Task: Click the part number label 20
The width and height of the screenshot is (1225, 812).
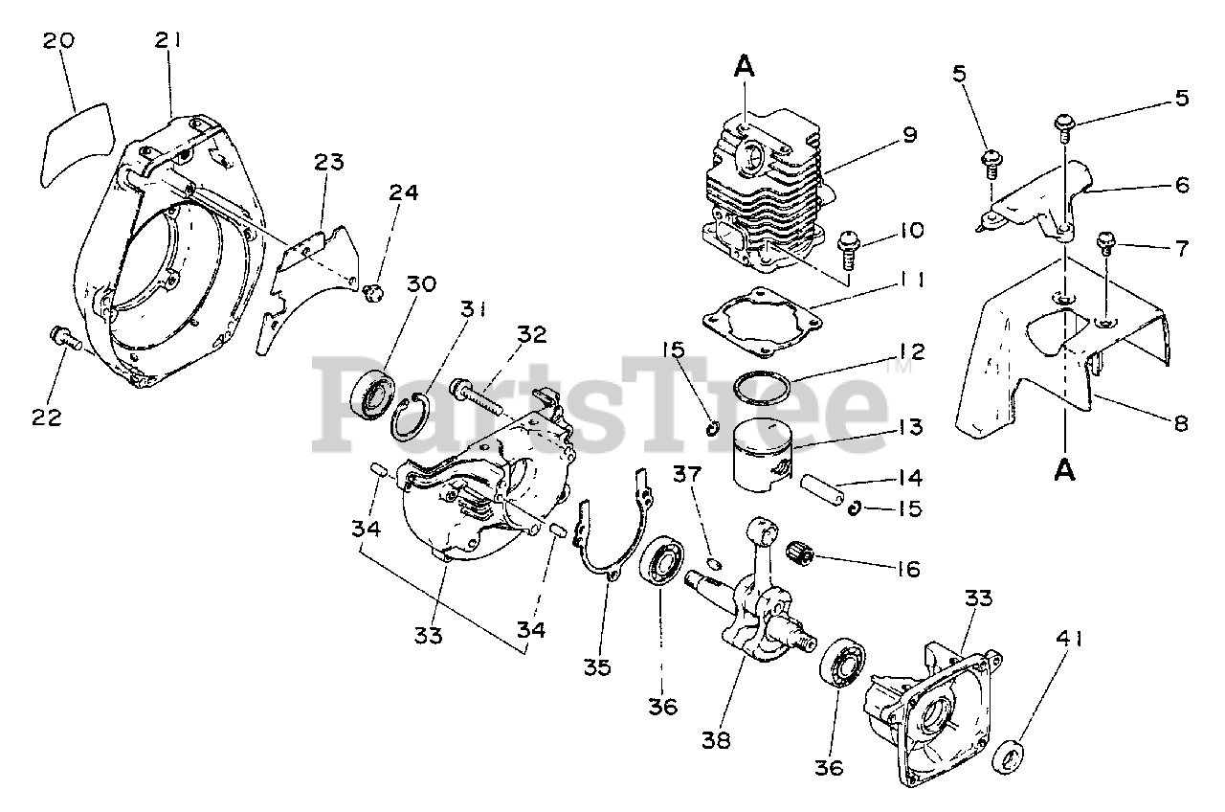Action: (x=58, y=42)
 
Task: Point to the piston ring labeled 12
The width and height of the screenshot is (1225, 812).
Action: (x=762, y=389)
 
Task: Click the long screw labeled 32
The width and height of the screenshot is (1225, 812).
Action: (x=479, y=394)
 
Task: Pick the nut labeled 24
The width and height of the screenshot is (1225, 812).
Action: (x=374, y=291)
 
